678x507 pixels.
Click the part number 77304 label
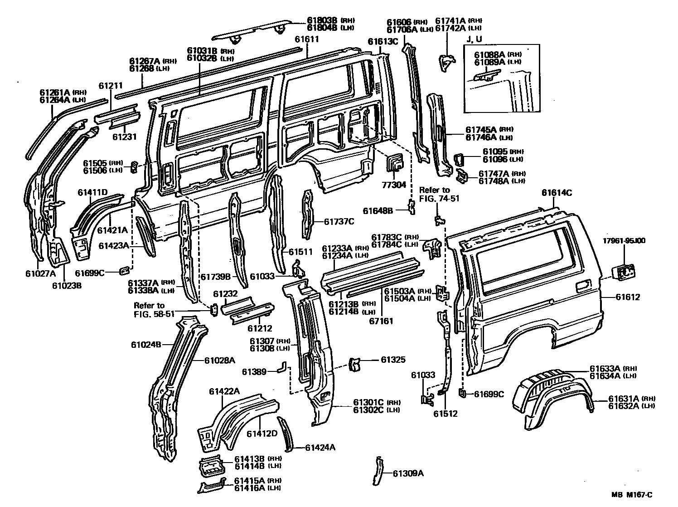393,185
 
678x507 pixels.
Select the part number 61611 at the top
307,39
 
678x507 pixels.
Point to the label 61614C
556,193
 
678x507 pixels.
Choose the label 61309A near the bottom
408,473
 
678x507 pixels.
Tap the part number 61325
393,360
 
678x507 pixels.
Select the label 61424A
320,448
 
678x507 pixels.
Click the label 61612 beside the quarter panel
628,297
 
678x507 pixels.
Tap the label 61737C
339,221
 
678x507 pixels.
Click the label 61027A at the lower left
40,273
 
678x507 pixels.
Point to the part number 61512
445,414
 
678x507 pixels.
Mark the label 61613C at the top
383,42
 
